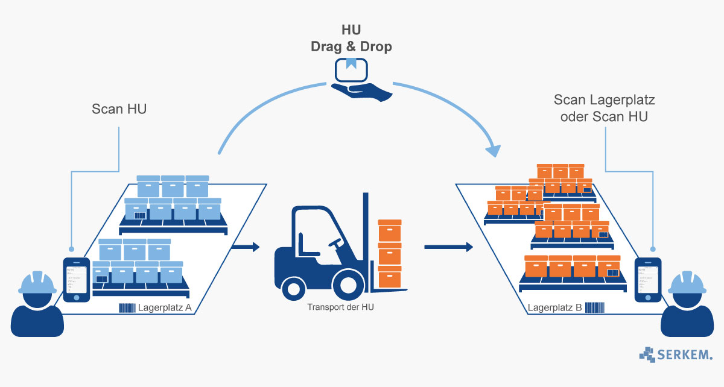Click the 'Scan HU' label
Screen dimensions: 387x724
(119, 109)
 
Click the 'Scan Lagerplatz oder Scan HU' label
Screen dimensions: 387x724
(603, 108)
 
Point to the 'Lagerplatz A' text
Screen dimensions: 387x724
(165, 308)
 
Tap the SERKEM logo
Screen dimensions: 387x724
(675, 354)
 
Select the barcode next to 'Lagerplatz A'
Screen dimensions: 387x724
(127, 309)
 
